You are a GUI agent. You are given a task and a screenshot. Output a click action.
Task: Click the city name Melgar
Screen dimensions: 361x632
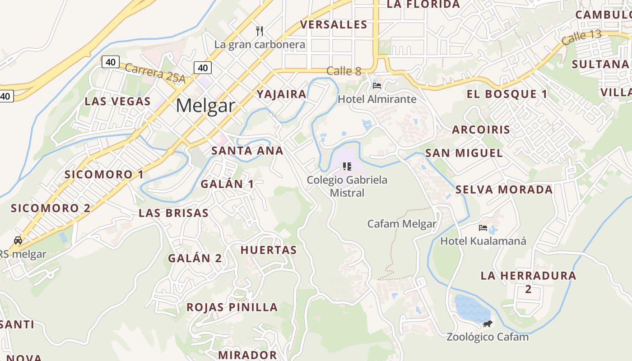coord(205,106)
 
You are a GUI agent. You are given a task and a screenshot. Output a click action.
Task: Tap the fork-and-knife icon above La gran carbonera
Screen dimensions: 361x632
coord(260,31)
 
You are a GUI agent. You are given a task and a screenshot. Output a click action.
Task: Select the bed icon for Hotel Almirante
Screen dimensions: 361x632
coord(377,85)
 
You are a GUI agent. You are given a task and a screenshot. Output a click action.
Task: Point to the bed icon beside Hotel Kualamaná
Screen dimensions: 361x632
coord(483,228)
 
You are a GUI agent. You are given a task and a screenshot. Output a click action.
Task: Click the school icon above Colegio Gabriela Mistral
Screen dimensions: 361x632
coord(347,167)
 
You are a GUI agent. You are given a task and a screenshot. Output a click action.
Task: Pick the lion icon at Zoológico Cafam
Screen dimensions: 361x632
coord(488,324)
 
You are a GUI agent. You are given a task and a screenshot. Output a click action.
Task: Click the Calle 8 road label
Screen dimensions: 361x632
coord(344,71)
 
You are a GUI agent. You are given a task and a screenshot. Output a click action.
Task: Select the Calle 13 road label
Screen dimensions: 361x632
coord(582,37)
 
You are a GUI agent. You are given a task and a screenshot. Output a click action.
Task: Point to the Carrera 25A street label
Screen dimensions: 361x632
coord(155,73)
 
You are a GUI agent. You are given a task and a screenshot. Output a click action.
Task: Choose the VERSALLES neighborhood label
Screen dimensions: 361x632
coord(334,24)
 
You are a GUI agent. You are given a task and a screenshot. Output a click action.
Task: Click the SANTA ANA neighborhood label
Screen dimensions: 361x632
coord(247,151)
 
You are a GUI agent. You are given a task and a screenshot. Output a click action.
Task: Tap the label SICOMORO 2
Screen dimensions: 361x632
coord(51,208)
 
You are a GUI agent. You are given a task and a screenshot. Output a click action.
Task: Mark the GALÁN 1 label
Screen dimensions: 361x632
coord(227,184)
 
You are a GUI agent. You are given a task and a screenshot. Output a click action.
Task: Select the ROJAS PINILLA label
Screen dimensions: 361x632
coord(232,307)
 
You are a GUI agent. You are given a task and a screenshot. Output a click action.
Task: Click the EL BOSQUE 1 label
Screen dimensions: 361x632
coord(507,94)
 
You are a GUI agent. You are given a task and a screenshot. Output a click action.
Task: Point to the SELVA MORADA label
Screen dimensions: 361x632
coord(504,190)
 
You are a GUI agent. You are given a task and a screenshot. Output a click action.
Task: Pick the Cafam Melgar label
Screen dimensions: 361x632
coord(402,224)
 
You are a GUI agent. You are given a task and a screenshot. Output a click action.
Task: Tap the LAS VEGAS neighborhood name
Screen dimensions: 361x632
coord(117,101)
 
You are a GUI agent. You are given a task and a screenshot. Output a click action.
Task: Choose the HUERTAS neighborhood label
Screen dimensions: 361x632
coord(269,250)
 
